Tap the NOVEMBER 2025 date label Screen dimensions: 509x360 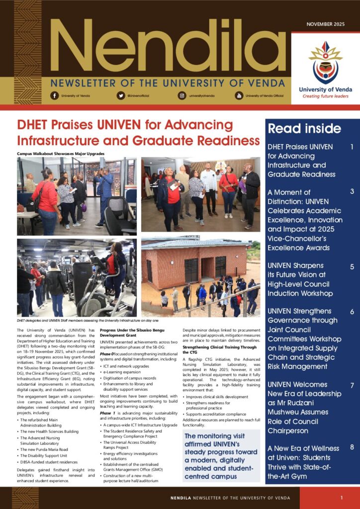(x=325, y=24)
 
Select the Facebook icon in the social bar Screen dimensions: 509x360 (x=54, y=95)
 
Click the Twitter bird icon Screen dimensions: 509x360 (x=121, y=95)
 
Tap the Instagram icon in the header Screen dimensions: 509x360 (x=182, y=95)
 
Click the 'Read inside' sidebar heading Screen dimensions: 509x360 (x=304, y=129)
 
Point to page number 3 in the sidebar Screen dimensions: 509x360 (x=352, y=192)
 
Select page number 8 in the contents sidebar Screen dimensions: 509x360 (x=352, y=448)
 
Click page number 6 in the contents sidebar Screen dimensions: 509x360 (x=352, y=312)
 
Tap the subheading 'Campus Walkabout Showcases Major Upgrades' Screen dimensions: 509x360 (x=61, y=154)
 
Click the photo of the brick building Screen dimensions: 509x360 (x=200, y=277)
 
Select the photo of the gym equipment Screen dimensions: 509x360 (x=77, y=277)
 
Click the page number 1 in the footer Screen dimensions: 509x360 (x=342, y=498)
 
